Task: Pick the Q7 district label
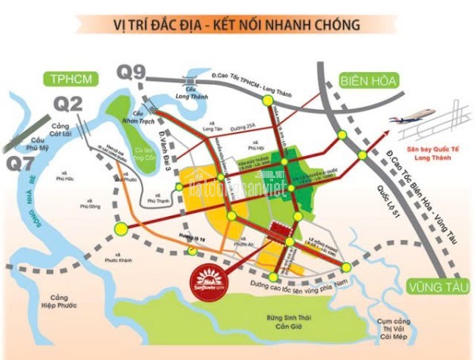tap(17, 164)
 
